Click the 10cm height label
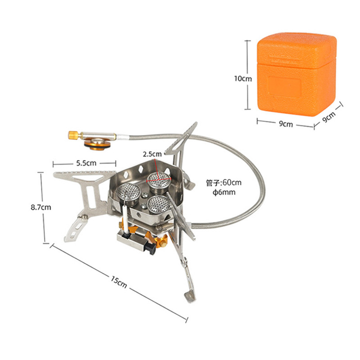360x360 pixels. tap(243, 79)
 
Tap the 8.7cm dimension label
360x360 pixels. tap(41, 207)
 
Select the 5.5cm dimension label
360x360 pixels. tap(86, 163)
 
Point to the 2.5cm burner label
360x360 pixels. tap(152, 154)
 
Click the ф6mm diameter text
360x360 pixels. tap(224, 192)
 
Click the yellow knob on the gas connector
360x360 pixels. tap(73, 135)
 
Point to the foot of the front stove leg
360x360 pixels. tap(191, 297)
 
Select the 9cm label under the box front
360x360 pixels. tap(286, 124)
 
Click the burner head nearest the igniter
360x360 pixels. tap(129, 194)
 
